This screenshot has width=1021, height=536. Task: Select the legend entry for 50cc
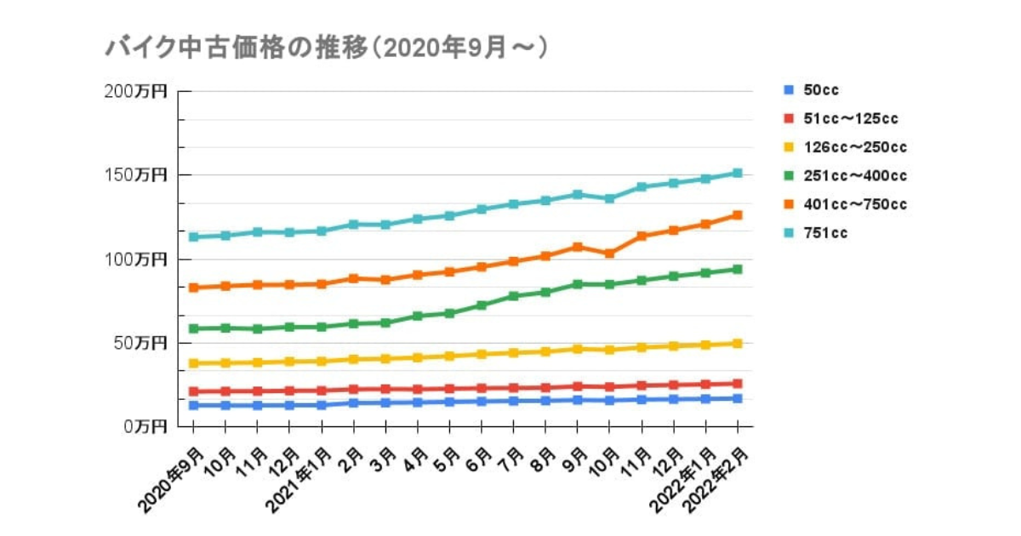pyautogui.click(x=821, y=90)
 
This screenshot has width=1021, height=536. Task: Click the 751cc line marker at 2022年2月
pyautogui.click(x=738, y=173)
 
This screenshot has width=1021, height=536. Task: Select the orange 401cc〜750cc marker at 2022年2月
pyautogui.click(x=738, y=215)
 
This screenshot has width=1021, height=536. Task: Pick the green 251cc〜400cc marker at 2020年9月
pyautogui.click(x=194, y=328)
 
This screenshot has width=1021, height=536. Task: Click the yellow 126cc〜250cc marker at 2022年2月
pyautogui.click(x=738, y=344)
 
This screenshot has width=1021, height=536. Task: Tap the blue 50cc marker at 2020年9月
pyautogui.click(x=194, y=406)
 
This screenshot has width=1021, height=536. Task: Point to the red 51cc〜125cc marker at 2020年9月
pyautogui.click(x=194, y=391)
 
